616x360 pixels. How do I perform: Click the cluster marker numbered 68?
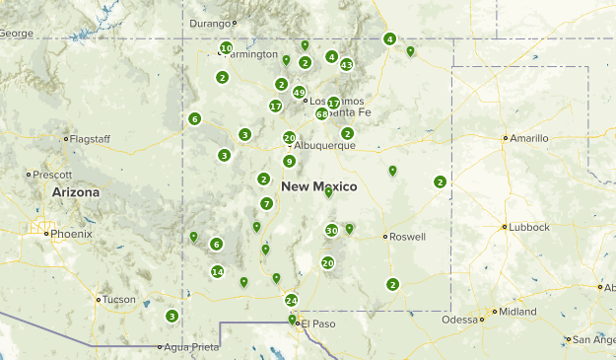(321, 114)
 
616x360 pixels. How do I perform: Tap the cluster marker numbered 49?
(299, 92)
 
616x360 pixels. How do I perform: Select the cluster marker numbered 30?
(331, 231)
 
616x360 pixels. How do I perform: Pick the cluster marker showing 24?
(291, 300)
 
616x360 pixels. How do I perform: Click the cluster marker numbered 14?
(218, 272)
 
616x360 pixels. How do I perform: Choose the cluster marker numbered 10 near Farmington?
(226, 47)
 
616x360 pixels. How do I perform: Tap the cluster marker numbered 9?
(289, 161)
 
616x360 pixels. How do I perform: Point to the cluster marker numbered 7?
(266, 203)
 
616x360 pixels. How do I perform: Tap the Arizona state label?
(76, 192)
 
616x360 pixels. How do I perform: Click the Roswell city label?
(407, 237)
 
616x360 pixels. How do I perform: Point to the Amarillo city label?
(527, 138)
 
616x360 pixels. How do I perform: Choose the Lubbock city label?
(529, 227)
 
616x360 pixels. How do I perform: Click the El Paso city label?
(318, 323)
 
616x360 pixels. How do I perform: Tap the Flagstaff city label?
(90, 139)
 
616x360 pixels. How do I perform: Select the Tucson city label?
(119, 299)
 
